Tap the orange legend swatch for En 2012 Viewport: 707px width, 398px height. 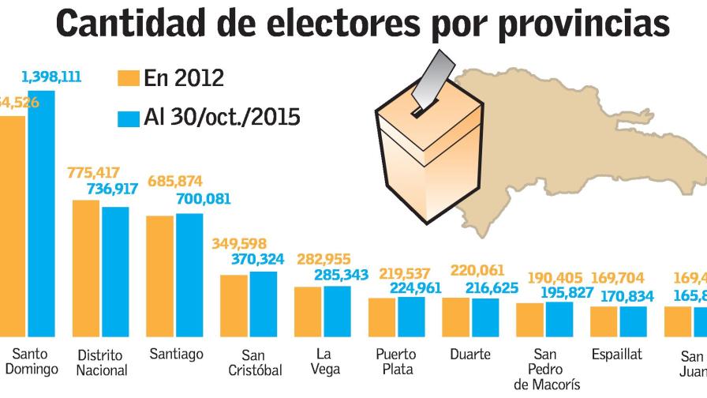(x=129, y=78)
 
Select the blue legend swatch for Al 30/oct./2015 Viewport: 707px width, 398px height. (x=129, y=118)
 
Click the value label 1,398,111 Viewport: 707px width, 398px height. (x=51, y=77)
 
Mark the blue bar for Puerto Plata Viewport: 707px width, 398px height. (x=411, y=317)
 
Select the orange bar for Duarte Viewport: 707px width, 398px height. (x=456, y=317)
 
